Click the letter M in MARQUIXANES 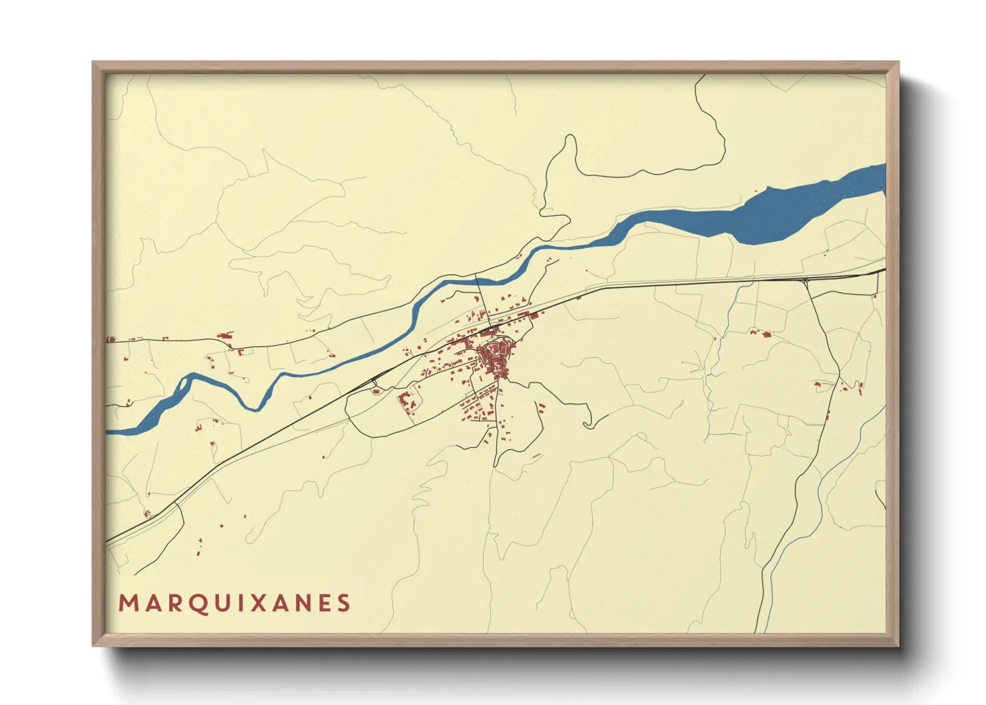(x=127, y=603)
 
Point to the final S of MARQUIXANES (x=343, y=603)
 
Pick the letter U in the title (x=218, y=603)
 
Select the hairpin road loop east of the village (x=586, y=421)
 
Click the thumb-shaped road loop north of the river (x=566, y=153)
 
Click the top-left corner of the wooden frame (x=93, y=63)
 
